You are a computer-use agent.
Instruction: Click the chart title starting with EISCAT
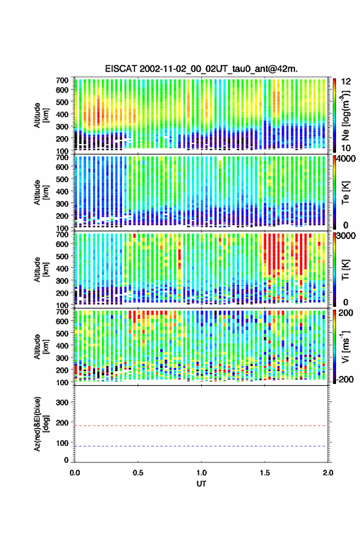202,69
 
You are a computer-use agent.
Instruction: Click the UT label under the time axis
202,484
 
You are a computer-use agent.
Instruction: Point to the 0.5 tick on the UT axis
138,473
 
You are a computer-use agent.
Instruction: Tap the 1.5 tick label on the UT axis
265,473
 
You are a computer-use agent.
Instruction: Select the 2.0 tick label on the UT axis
328,473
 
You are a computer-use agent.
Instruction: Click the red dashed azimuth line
202,426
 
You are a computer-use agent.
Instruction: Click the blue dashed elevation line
202,446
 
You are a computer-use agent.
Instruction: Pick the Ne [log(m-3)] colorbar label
345,115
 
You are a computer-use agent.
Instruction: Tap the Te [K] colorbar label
345,193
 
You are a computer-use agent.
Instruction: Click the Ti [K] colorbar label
345,270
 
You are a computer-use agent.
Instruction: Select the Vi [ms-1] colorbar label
345,347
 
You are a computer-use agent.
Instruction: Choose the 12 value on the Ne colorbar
347,82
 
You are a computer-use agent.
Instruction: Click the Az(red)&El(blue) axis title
41,424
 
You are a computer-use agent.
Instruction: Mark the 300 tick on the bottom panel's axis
62,402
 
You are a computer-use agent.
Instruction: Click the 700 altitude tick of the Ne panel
62,80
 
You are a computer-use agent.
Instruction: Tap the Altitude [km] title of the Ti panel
41,270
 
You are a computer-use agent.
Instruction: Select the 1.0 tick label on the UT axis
202,473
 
